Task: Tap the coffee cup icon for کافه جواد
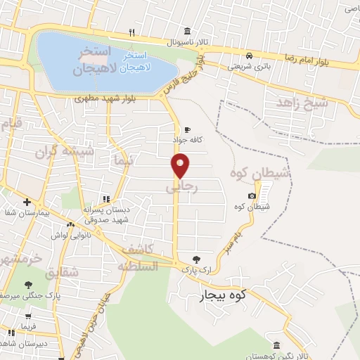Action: tap(188, 129)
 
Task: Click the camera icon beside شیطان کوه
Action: tap(252, 195)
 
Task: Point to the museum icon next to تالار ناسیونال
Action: tap(186, 31)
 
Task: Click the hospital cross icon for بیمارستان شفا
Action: tap(27, 202)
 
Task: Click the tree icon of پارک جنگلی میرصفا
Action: tap(28, 285)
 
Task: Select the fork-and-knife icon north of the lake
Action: tap(131, 32)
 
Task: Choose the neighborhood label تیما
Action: tap(121, 161)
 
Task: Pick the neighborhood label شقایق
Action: tap(61, 271)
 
